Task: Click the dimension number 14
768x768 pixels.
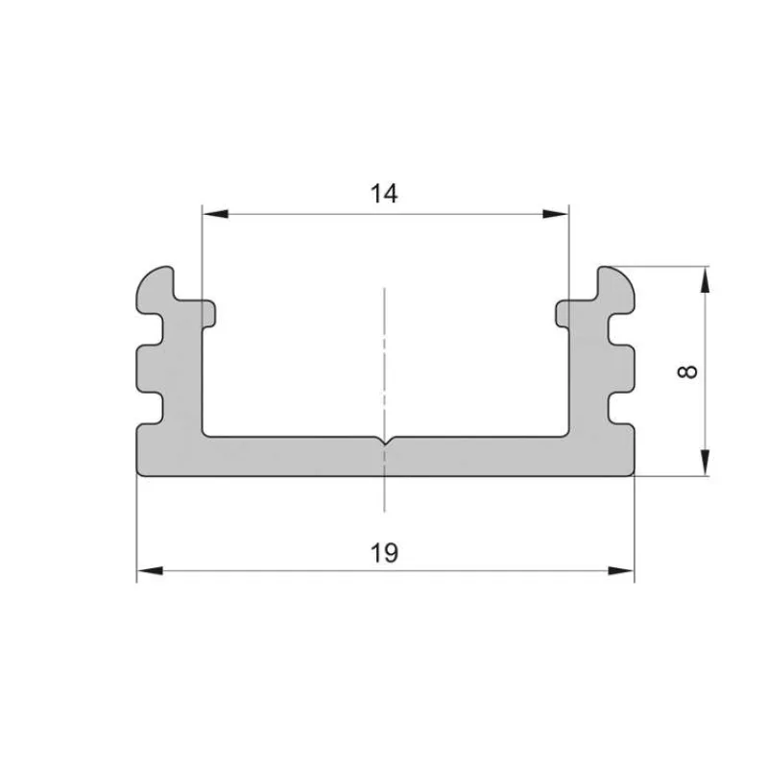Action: [x=384, y=194]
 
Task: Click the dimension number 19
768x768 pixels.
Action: [x=384, y=553]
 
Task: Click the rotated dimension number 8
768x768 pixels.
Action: [x=687, y=372]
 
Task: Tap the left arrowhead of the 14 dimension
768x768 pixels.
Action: [x=215, y=214]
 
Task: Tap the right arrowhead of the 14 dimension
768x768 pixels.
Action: [x=556, y=214]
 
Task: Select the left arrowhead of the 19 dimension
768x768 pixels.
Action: [x=150, y=570]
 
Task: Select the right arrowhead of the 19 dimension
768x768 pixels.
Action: [x=621, y=570]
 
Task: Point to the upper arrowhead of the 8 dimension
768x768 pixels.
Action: [x=705, y=280]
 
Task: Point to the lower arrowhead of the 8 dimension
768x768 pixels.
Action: [x=705, y=462]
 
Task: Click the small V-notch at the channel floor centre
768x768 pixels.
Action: [x=385, y=442]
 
